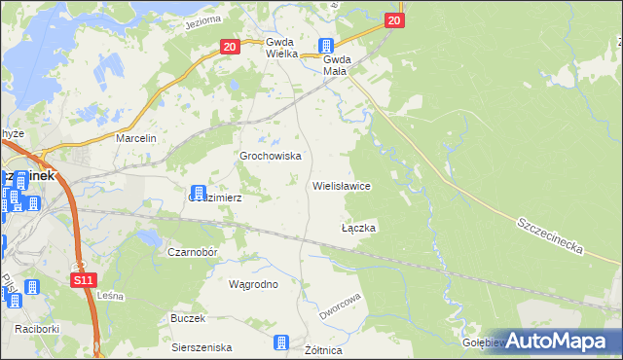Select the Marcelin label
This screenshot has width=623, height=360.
pyautogui.click(x=136, y=139)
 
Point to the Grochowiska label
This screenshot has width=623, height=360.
pyautogui.click(x=271, y=156)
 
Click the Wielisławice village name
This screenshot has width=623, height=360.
pyautogui.click(x=341, y=185)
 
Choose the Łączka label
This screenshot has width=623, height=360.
pyautogui.click(x=358, y=228)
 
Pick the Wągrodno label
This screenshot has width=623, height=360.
pyautogui.click(x=253, y=285)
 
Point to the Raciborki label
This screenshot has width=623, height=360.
pyautogui.click(x=37, y=329)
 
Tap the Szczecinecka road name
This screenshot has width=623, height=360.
pyautogui.click(x=550, y=234)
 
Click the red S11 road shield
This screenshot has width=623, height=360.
pyautogui.click(x=84, y=280)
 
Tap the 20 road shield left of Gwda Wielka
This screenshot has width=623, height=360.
pyautogui.click(x=230, y=46)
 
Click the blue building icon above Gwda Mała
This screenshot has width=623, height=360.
pyautogui.click(x=327, y=45)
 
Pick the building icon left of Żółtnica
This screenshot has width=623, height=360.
pyautogui.click(x=281, y=342)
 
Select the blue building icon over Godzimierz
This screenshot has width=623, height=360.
pyautogui.click(x=199, y=192)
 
